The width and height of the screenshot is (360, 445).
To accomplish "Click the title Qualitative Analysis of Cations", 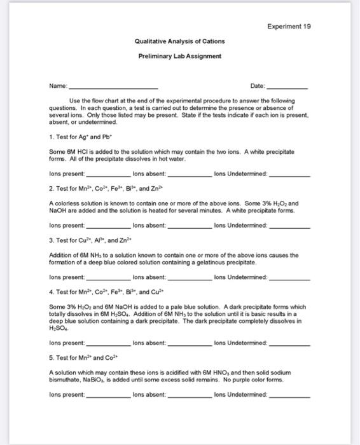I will pyautogui.click(x=179, y=41).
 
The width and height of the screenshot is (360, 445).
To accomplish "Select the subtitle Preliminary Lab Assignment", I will pyautogui.click(x=179, y=56).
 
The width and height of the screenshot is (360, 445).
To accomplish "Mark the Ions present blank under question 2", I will pyautogui.click(x=108, y=226).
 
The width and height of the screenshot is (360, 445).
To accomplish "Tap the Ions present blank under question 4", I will pyautogui.click(x=108, y=343).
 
